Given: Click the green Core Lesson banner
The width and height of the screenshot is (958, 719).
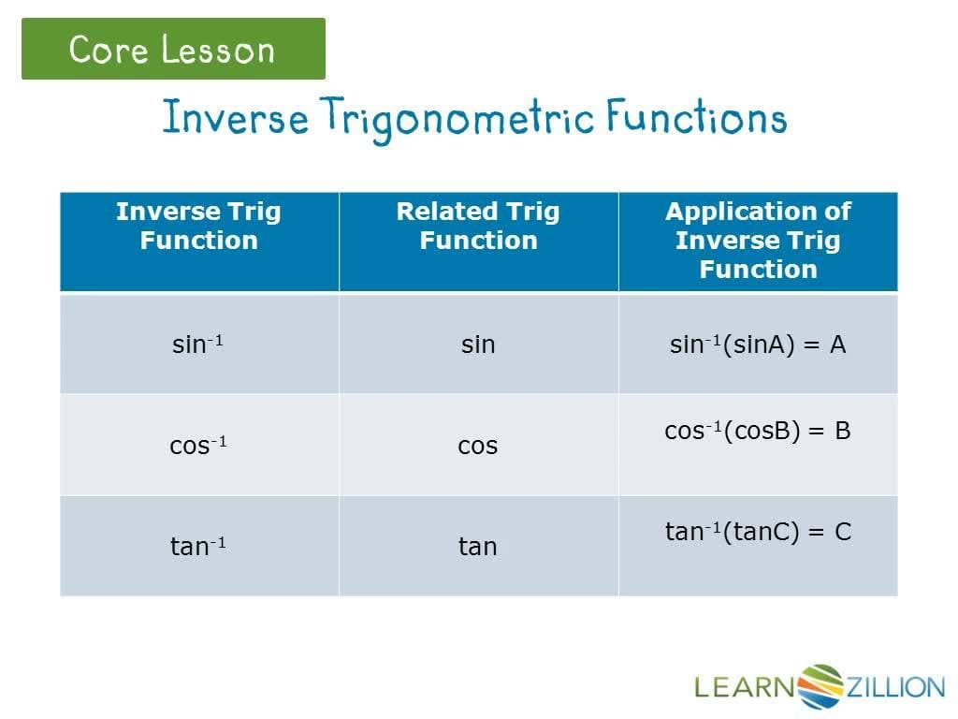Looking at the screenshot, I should pos(173,49).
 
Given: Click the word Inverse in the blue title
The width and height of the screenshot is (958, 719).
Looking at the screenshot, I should pos(235,119).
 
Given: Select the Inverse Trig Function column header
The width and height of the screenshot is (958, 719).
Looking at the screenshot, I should pos(198,226).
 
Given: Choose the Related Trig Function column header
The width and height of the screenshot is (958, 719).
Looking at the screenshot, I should pos(478,226).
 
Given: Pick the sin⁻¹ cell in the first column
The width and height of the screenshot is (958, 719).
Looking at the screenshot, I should pos(197,345).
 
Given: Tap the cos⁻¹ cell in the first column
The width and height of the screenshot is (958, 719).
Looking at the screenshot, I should pos(197,445).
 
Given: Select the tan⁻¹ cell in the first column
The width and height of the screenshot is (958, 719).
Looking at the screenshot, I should pos(197,546).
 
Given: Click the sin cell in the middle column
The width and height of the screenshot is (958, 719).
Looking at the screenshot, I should pos(478,345).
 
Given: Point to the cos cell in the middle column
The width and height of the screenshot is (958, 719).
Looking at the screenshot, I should pos(478,446).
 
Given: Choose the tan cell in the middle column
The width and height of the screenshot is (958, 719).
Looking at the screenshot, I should pos(478,546).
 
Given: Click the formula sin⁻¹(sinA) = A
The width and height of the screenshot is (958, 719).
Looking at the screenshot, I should pos(758,345).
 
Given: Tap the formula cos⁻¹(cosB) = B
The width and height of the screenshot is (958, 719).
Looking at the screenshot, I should pos(758,431).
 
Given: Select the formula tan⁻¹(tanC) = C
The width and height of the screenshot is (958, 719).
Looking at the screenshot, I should pos(758,532).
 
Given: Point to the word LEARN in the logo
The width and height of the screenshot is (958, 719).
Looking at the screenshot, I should pos(744,688).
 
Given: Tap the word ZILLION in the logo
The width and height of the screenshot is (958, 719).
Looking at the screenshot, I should pos(896,688).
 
